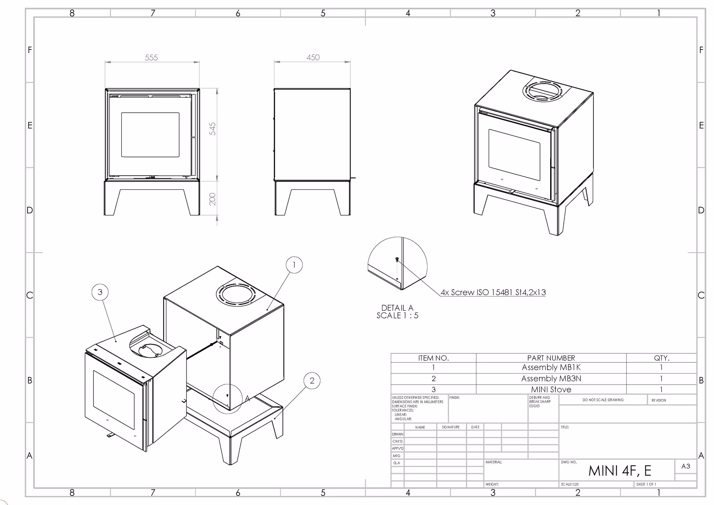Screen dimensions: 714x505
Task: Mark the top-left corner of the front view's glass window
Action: click(121, 113)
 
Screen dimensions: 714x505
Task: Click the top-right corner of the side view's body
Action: click(350, 89)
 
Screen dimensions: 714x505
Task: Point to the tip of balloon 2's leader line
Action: click(275, 418)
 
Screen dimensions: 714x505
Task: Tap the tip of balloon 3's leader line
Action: click(116, 341)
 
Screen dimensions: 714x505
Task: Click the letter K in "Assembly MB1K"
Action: click(578, 367)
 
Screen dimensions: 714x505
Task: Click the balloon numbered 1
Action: click(294, 265)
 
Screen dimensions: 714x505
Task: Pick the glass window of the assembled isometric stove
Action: click(514, 154)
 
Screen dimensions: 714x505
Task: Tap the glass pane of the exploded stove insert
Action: click(114, 400)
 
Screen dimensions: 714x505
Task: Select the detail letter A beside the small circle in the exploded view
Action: click(248, 398)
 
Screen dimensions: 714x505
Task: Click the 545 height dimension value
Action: click(212, 129)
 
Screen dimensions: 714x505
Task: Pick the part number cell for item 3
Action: click(551, 389)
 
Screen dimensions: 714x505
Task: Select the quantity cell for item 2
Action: click(661, 378)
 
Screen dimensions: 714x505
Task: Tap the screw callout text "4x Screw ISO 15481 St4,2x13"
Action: click(493, 292)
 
